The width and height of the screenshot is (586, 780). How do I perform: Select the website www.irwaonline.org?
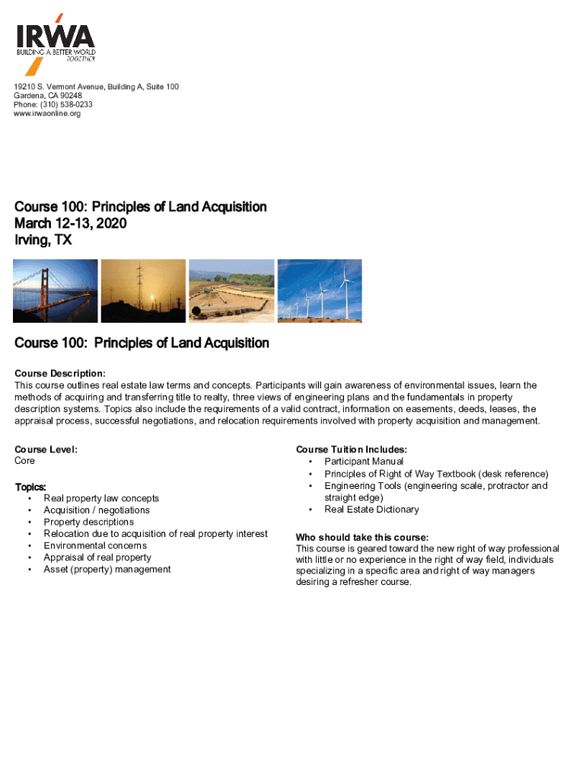click(x=47, y=113)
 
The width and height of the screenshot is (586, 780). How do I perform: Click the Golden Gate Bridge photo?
click(x=56, y=291)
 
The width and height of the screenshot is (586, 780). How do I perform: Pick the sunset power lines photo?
click(x=143, y=291)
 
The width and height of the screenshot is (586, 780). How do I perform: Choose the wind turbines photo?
click(x=319, y=291)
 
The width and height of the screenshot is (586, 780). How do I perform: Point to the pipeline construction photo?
click(x=231, y=291)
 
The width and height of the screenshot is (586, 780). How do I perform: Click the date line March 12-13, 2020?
click(x=71, y=224)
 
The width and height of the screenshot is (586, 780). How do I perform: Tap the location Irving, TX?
click(x=43, y=241)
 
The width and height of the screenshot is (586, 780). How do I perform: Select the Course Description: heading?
click(x=60, y=373)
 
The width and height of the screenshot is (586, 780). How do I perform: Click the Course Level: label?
click(x=46, y=449)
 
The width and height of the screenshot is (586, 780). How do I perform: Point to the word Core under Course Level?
click(x=25, y=461)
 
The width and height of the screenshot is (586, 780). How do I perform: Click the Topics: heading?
click(x=31, y=487)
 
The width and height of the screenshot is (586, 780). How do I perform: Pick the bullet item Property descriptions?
click(x=88, y=522)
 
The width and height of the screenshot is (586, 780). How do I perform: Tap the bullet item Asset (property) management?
click(x=107, y=569)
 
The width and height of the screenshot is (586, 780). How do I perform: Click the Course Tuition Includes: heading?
click(x=352, y=449)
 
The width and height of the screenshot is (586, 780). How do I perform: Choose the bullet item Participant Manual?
click(x=364, y=462)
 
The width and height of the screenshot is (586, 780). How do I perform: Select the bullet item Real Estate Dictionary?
click(x=371, y=510)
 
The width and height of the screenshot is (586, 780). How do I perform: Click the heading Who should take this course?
click(x=362, y=537)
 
